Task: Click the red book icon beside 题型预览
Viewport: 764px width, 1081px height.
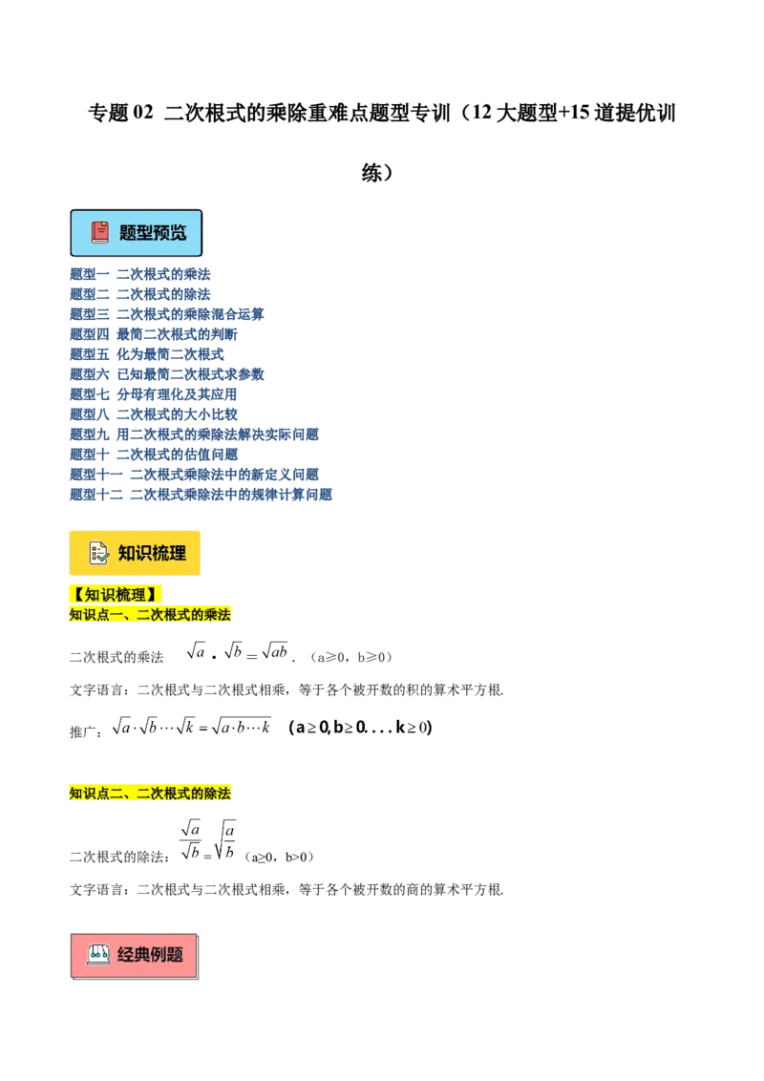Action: pos(100,232)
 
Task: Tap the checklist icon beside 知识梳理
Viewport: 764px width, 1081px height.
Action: pos(99,553)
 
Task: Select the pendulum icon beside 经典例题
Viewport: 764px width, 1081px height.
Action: pos(98,955)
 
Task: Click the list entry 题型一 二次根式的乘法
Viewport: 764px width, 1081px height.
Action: pos(140,274)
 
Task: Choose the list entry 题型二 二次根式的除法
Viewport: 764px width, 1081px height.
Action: pos(140,294)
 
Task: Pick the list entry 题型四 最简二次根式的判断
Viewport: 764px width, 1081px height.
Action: pos(153,334)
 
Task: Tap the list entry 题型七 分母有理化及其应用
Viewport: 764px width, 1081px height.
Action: pos(153,394)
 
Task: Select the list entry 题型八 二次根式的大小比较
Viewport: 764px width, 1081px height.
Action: pos(153,414)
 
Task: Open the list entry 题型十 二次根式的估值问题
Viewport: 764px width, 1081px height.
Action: pos(153,455)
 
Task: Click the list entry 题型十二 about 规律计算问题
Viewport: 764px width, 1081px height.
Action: pos(201,495)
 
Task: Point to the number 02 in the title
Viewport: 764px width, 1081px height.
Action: pos(142,113)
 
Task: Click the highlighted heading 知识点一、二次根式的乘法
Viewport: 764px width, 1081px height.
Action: pos(150,614)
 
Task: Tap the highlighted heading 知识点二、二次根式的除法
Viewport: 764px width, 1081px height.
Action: pos(150,793)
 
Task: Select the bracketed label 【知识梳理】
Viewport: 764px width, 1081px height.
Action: pos(115,594)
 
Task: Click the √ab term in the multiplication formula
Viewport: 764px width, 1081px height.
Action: pos(274,651)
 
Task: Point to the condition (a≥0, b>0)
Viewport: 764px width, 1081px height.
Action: pos(279,857)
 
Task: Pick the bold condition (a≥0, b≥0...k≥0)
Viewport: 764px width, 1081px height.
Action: pos(361,728)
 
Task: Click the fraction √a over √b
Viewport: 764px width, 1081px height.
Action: pos(190,840)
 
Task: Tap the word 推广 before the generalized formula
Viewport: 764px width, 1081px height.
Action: pos(83,731)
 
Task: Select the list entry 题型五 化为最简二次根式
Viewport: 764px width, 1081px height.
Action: pos(147,354)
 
